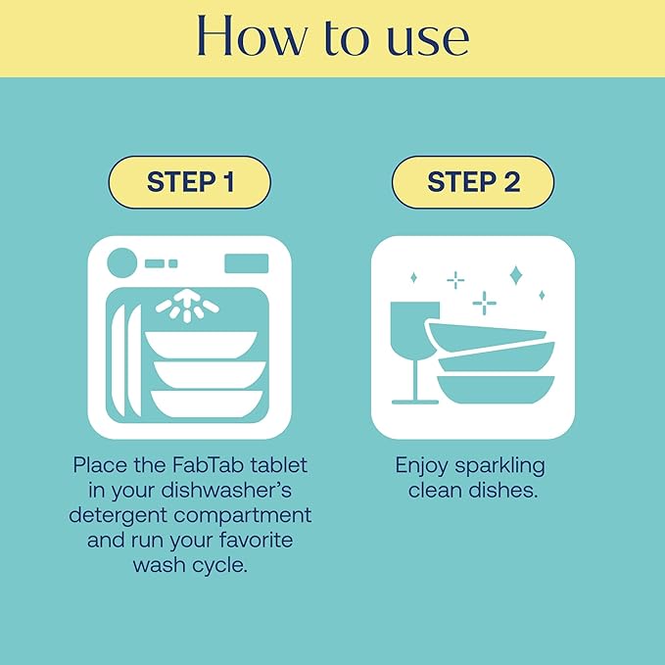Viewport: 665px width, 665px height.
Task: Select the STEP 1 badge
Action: [189, 182]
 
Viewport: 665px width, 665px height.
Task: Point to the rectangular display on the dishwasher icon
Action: [246, 262]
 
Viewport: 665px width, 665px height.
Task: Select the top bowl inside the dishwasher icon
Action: [202, 344]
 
